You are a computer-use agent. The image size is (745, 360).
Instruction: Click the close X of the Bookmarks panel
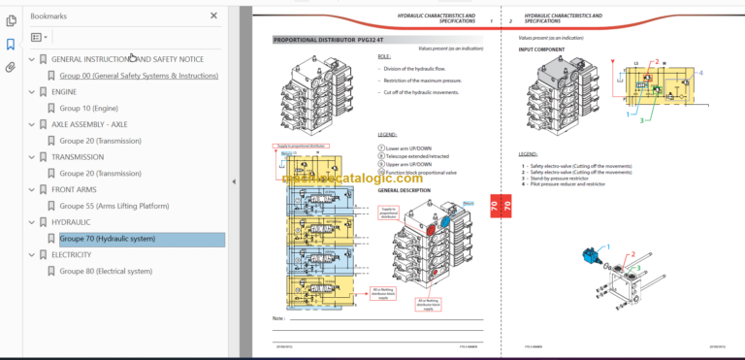click(213, 16)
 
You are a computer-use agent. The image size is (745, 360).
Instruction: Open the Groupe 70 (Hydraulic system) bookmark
click(107, 239)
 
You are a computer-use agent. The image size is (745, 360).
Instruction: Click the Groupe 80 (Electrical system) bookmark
click(106, 272)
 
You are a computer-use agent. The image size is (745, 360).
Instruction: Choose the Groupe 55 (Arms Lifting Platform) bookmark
click(113, 206)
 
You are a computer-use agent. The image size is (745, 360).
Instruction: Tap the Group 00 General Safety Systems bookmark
click(139, 75)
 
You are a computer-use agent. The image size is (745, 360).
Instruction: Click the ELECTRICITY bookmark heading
click(84, 255)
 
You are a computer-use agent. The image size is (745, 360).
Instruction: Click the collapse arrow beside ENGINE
click(31, 91)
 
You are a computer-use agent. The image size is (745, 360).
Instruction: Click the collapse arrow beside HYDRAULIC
click(31, 222)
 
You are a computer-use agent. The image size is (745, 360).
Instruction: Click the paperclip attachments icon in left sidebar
click(11, 68)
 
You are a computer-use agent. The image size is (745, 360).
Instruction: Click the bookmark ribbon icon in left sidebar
click(11, 45)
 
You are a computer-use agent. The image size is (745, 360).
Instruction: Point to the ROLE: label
click(384, 57)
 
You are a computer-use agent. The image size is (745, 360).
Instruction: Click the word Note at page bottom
click(278, 318)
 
